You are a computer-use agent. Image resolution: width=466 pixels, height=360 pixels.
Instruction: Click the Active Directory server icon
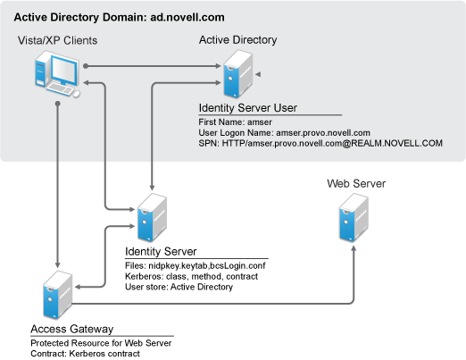(238, 74)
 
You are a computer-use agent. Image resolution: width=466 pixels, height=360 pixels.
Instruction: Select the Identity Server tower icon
(152, 217)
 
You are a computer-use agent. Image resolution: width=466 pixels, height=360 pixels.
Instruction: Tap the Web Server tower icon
(354, 217)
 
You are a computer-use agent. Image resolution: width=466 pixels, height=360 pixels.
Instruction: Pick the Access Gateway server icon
(58, 295)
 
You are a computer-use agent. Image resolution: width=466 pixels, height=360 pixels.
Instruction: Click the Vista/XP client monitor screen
(64, 71)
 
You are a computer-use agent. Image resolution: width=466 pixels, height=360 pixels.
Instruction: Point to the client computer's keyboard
(60, 89)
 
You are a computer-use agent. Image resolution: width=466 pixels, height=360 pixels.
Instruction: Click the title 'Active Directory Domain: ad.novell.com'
(119, 17)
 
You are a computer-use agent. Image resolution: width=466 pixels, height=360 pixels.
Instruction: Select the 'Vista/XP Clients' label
(57, 40)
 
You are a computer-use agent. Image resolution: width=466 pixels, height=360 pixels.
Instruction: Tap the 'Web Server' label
(356, 184)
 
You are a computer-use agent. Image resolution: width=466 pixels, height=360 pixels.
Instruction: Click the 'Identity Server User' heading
(248, 108)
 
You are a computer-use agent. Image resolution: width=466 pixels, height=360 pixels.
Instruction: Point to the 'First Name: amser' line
(235, 122)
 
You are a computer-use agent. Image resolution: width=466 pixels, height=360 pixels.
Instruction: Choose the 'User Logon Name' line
(284, 133)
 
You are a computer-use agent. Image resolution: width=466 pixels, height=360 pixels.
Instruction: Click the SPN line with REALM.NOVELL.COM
(320, 143)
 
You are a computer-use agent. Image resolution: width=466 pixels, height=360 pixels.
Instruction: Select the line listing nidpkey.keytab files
(196, 265)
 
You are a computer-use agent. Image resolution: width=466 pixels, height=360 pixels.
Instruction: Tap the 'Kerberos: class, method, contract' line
(191, 276)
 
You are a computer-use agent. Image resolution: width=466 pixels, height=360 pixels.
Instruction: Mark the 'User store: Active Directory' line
(179, 287)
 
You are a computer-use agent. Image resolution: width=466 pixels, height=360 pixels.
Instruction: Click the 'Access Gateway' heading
(72, 329)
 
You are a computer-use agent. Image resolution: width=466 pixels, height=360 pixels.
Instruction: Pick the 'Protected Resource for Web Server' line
(101, 343)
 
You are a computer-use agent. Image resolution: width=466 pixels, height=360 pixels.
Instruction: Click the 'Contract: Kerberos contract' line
(85, 354)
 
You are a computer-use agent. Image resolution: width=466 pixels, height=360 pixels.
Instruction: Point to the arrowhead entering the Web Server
(354, 249)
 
